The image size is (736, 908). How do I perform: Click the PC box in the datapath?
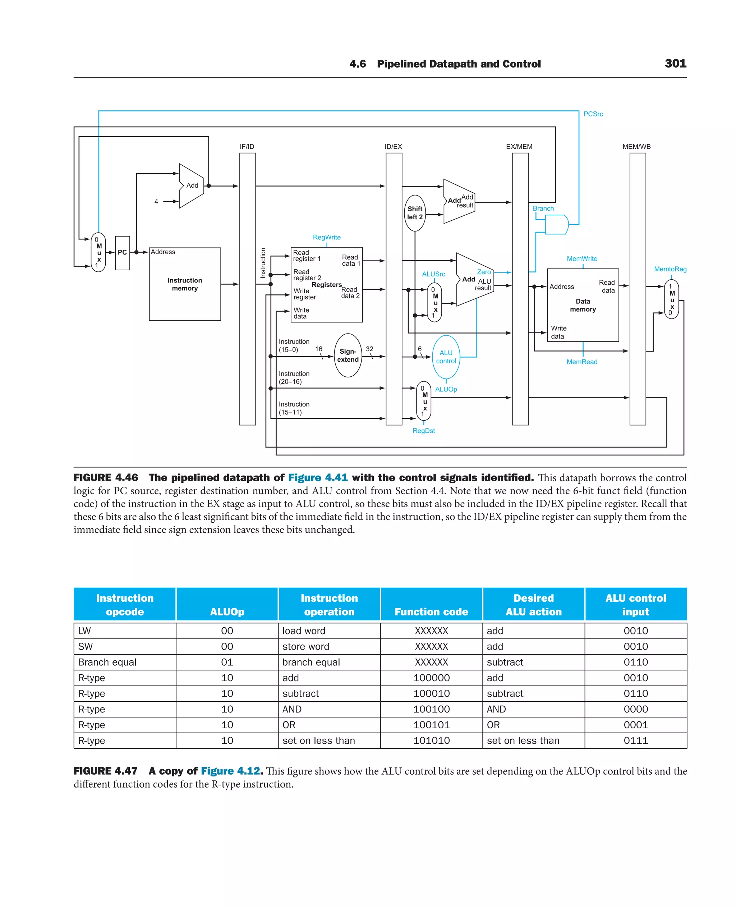[x=123, y=253]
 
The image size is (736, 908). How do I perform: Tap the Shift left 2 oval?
[x=415, y=213]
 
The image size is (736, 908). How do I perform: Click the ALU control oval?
[x=446, y=357]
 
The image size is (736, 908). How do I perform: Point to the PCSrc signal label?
[x=593, y=114]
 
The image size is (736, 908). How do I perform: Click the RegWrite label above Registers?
[x=326, y=238]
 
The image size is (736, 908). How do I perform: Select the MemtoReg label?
[x=670, y=269]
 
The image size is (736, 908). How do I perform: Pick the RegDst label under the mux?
[x=424, y=431]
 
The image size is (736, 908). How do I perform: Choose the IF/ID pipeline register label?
[x=247, y=147]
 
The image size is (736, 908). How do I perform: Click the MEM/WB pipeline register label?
[x=636, y=147]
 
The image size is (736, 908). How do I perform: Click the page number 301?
[x=675, y=64]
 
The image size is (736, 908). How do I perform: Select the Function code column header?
[x=431, y=611]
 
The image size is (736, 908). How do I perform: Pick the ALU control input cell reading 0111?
[x=635, y=740]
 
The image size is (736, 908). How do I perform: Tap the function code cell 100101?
[x=431, y=725]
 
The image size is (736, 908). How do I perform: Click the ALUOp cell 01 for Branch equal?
[x=227, y=662]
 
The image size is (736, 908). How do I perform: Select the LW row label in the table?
[x=84, y=630]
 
